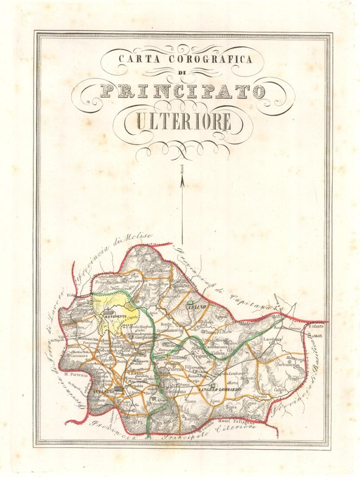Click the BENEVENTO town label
tap(115, 317)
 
